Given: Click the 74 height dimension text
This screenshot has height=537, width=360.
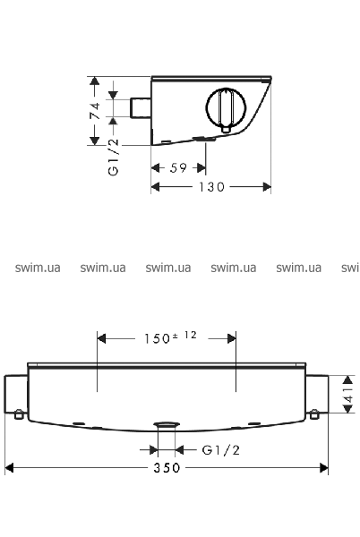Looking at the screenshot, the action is tap(95, 110).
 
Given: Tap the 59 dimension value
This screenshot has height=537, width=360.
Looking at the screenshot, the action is tap(178, 168).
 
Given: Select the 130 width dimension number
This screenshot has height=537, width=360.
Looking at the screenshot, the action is tap(211, 187).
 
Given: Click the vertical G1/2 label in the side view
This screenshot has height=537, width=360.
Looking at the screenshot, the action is tap(113, 157).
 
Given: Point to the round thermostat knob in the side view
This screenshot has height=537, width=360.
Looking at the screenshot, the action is tap(226, 107).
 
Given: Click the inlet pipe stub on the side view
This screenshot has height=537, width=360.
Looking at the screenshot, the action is tap(141, 108).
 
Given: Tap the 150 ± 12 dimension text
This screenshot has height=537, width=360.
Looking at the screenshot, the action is tap(170, 337).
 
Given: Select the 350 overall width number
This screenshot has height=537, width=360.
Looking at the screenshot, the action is tap(167, 468).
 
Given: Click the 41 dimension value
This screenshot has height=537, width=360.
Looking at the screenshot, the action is tap(348, 394).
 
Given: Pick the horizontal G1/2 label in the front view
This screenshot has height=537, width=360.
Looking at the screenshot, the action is tap(220, 449).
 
